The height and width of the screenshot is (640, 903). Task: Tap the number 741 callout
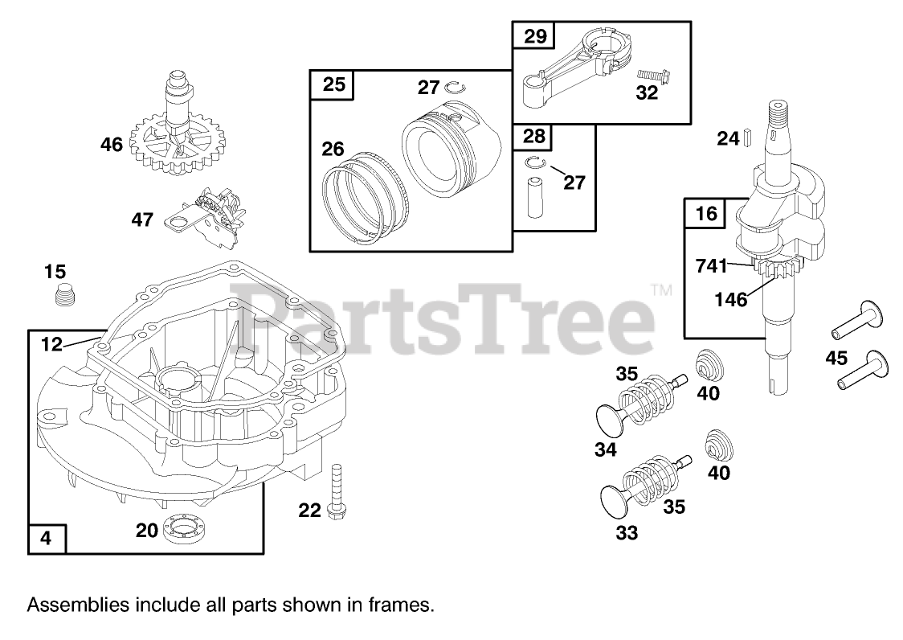[x=711, y=266]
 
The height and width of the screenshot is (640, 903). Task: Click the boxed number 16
[x=705, y=213]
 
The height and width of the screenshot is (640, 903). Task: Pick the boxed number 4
[x=47, y=539]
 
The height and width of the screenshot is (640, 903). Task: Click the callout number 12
[x=51, y=344]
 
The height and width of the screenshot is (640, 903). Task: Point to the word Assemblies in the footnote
[x=69, y=605]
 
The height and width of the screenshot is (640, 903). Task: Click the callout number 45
[x=836, y=359]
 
